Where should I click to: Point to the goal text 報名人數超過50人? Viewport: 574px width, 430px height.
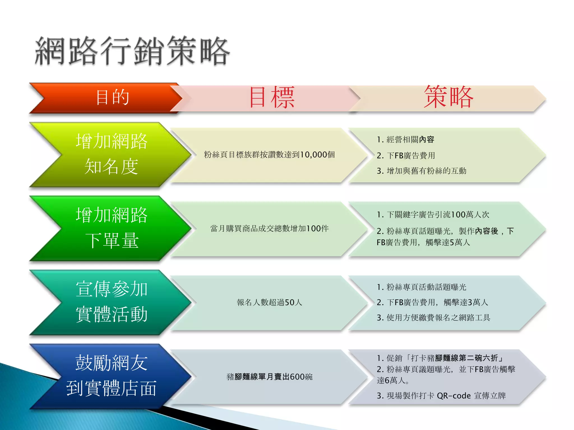click(269, 302)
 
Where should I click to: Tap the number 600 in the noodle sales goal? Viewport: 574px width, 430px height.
click(297, 377)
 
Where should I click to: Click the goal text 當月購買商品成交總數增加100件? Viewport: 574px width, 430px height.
click(269, 228)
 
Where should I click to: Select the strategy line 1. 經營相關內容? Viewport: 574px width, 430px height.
click(405, 139)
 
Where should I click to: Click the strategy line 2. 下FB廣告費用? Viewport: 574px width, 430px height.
click(406, 155)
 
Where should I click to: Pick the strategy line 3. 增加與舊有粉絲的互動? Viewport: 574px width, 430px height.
click(422, 171)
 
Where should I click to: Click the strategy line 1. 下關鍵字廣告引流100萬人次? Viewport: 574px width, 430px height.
click(433, 215)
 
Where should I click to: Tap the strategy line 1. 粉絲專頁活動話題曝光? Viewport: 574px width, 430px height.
click(422, 287)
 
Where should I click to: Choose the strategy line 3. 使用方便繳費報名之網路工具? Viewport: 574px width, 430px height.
click(433, 317)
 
